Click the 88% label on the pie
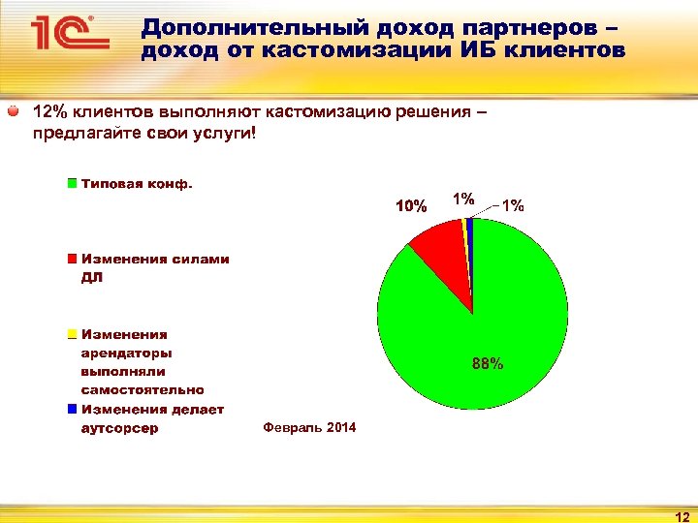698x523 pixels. click(487, 364)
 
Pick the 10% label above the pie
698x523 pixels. click(410, 205)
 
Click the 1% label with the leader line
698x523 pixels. click(514, 205)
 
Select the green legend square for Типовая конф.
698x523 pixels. click(72, 182)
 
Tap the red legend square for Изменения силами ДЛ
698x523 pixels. click(72, 260)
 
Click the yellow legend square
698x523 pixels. click(72, 334)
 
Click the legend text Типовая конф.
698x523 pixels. click(137, 182)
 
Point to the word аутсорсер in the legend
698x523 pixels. click(119, 428)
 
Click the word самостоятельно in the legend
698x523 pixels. click(143, 390)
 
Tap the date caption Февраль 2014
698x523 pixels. click(309, 428)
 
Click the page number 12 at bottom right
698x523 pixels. click(681, 515)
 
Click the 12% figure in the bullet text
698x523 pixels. click(48, 112)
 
